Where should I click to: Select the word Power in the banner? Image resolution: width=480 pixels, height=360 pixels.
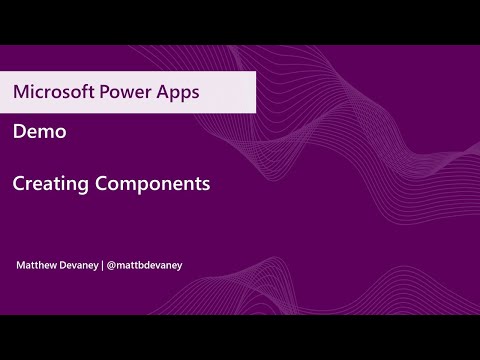124,92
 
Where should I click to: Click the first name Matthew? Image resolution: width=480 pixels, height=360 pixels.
38,265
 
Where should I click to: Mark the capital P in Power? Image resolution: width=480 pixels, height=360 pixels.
101,92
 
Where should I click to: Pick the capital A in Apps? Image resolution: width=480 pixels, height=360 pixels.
161,92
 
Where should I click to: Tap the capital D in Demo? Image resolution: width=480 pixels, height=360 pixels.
19,131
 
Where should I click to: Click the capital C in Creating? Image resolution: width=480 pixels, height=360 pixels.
19,184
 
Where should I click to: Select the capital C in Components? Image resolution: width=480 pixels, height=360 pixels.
99,184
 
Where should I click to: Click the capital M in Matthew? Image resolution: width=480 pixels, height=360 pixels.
20,265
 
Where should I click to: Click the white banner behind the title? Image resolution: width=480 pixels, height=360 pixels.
230,92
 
